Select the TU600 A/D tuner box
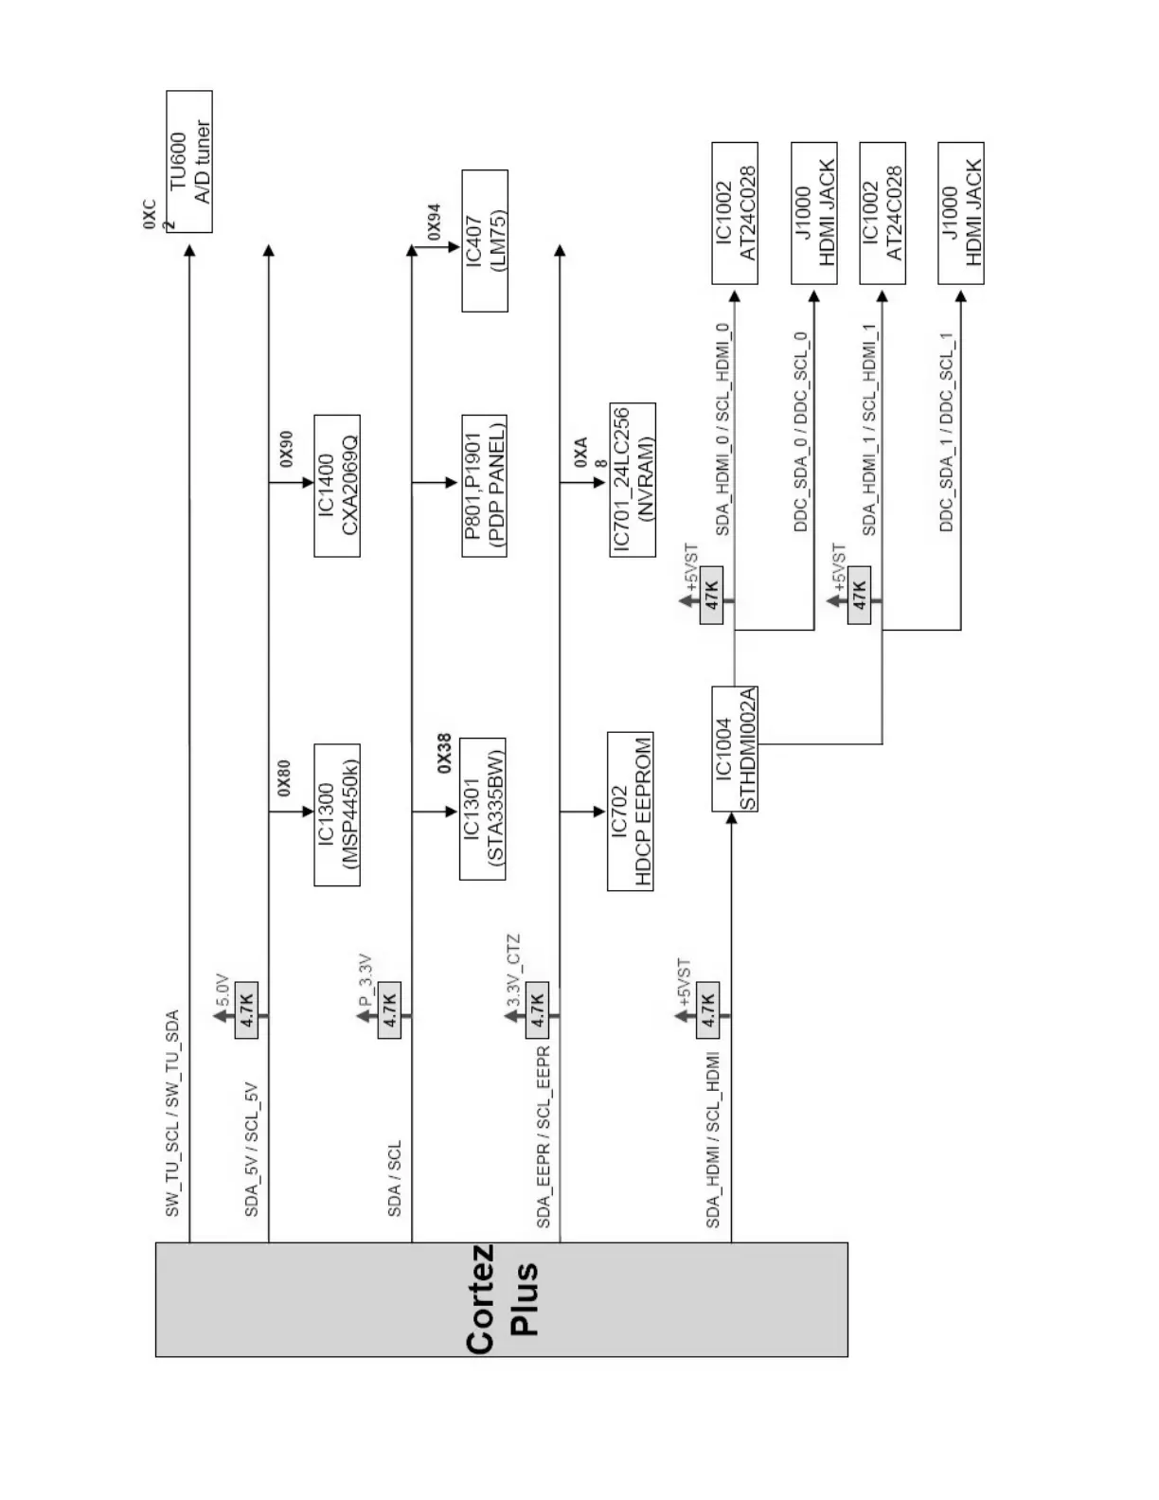[189, 161]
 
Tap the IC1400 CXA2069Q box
[337, 485]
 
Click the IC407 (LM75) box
[485, 241]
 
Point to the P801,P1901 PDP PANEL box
[485, 485]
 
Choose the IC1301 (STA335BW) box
[483, 809]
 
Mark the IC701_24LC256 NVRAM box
[633, 480]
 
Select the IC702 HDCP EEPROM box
[631, 811]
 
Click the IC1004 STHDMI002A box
[735, 748]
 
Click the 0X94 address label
[434, 221]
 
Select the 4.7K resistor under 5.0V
[246, 1009]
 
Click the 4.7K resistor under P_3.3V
[389, 1009]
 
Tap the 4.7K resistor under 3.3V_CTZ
[537, 1009]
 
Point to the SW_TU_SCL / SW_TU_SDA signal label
[172, 1114]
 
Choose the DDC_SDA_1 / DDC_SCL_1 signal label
[946, 432]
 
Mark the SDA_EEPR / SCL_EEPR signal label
[544, 1139]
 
